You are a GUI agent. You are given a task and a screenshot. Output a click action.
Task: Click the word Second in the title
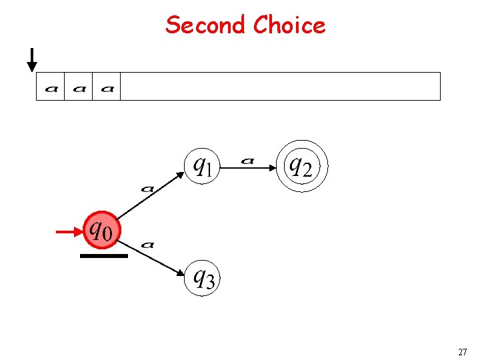[205, 25]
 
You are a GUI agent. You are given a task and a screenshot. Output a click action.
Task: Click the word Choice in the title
[289, 25]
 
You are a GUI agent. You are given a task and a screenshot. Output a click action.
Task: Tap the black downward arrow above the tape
[31, 59]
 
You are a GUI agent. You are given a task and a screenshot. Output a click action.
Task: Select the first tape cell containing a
[51, 87]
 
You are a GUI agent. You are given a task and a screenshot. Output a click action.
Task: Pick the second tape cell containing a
[79, 87]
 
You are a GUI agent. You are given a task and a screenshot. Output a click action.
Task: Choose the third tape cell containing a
[107, 87]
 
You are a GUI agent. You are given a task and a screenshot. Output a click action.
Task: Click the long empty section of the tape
[280, 87]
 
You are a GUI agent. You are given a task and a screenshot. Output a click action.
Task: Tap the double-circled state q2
[303, 165]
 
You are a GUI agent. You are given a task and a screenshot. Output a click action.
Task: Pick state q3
[202, 277]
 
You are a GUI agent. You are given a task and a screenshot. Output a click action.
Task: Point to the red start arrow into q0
[69, 231]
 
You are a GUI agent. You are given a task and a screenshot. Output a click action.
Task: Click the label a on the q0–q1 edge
[147, 189]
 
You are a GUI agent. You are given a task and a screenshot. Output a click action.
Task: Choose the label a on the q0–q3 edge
[147, 245]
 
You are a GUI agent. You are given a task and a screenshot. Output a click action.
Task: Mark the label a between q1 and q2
[248, 160]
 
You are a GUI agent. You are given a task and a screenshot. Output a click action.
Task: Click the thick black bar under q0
[103, 255]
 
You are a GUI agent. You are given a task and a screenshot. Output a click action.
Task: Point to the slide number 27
[462, 351]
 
